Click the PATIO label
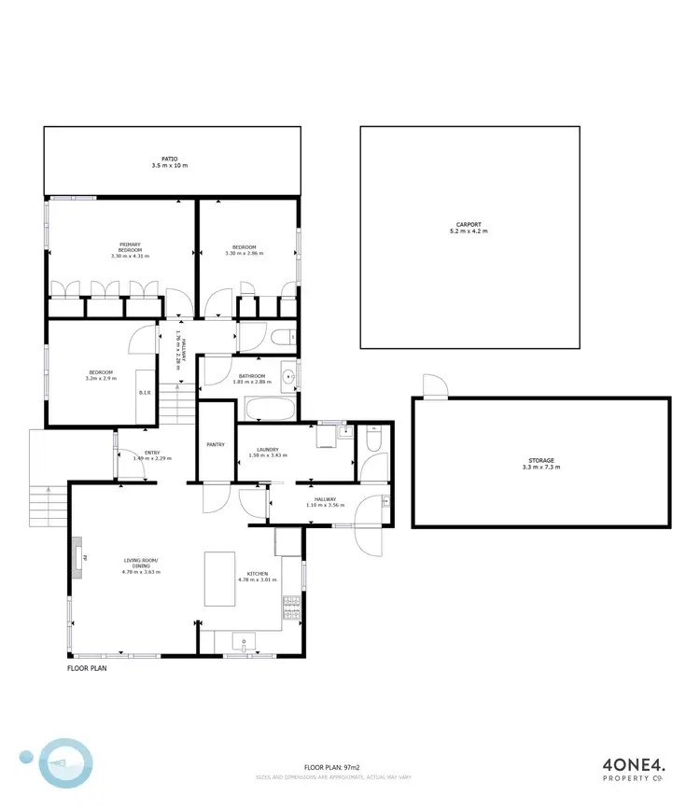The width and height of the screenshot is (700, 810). (x=169, y=159)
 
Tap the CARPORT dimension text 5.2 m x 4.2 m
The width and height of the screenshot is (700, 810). (x=469, y=230)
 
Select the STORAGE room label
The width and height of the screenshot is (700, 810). (x=541, y=460)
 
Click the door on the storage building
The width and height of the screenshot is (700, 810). (x=434, y=386)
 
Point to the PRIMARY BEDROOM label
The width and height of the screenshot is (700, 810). (x=130, y=247)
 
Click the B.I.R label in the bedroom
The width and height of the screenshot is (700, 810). (x=145, y=394)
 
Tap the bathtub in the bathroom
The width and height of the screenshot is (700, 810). (x=271, y=409)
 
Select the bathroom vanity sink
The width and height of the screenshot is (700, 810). (x=289, y=377)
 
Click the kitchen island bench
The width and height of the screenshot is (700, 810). (x=219, y=579)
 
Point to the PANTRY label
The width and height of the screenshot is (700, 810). (x=216, y=444)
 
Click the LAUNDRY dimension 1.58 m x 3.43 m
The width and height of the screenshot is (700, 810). (x=268, y=456)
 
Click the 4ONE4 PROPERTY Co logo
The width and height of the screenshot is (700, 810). (x=631, y=766)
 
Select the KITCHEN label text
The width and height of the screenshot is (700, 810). (x=257, y=573)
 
